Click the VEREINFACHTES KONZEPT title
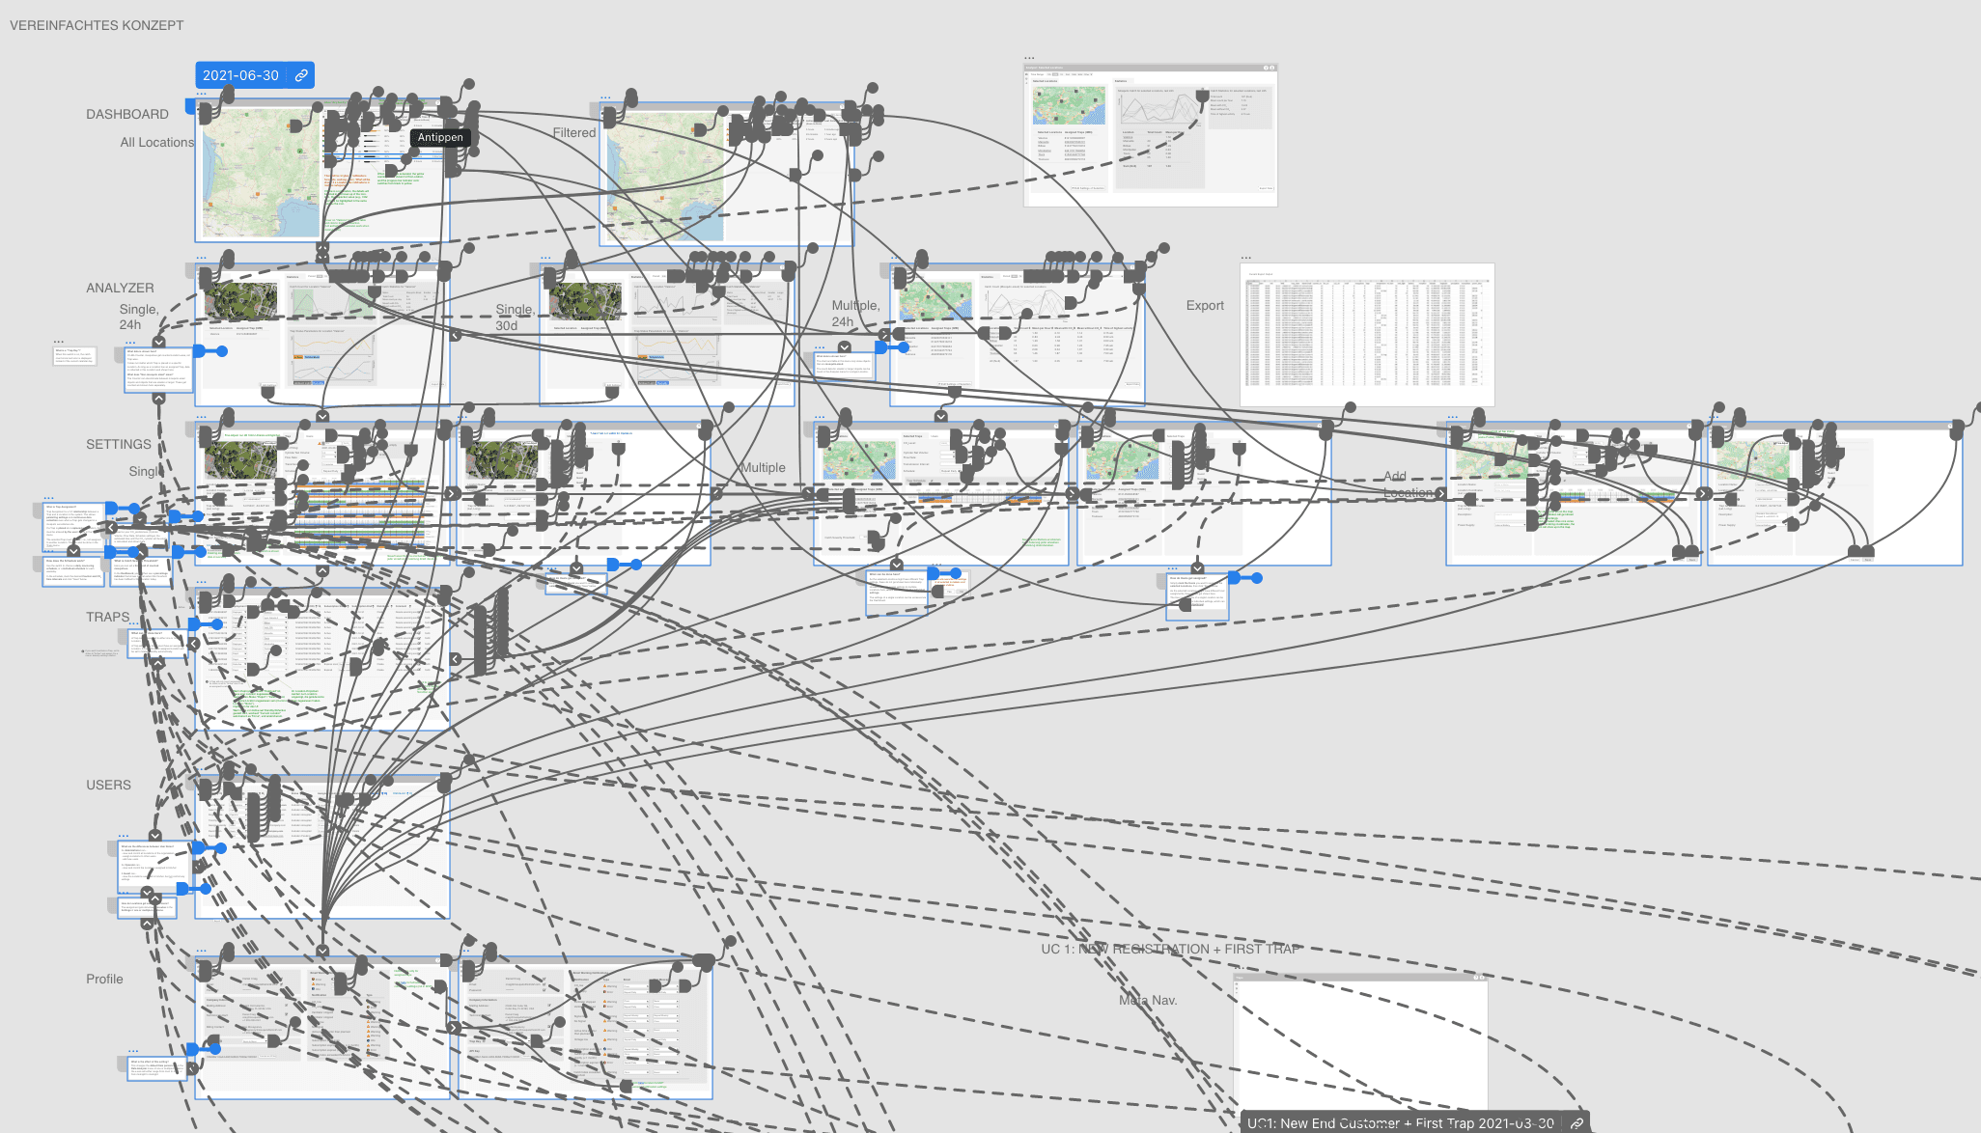[97, 25]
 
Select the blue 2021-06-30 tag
[240, 75]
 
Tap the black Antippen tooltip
[440, 138]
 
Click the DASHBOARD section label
[127, 114]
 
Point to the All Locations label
[156, 142]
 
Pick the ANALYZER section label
[120, 288]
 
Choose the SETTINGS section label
[119, 444]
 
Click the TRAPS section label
[107, 617]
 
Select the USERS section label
[108, 785]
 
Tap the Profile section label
[104, 979]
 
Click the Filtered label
[574, 132]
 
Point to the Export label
[1205, 305]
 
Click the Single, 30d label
[514, 318]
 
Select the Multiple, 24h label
[855, 313]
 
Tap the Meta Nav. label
[1148, 1000]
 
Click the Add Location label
[1408, 484]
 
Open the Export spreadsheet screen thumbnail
[1367, 335]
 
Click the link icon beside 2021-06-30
[301, 75]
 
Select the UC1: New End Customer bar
[1400, 1122]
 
